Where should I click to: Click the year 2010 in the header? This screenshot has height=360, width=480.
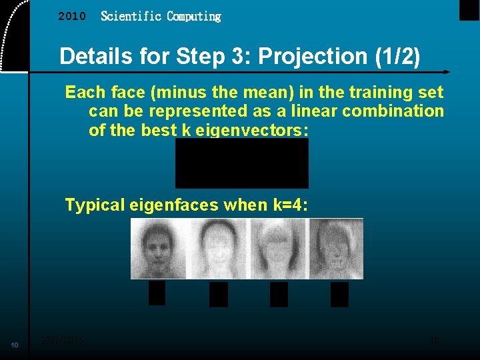(72, 17)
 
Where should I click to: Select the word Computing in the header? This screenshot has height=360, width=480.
(193, 16)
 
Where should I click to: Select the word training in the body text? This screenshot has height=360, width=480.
(380, 92)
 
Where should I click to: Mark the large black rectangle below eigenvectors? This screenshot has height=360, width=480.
(241, 163)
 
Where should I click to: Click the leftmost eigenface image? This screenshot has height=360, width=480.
(159, 249)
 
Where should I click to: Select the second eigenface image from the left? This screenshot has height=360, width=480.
(217, 249)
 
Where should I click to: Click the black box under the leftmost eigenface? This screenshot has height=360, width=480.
(157, 293)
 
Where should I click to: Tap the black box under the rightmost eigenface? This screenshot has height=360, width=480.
(339, 294)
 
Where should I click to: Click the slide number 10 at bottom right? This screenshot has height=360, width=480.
(435, 340)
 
